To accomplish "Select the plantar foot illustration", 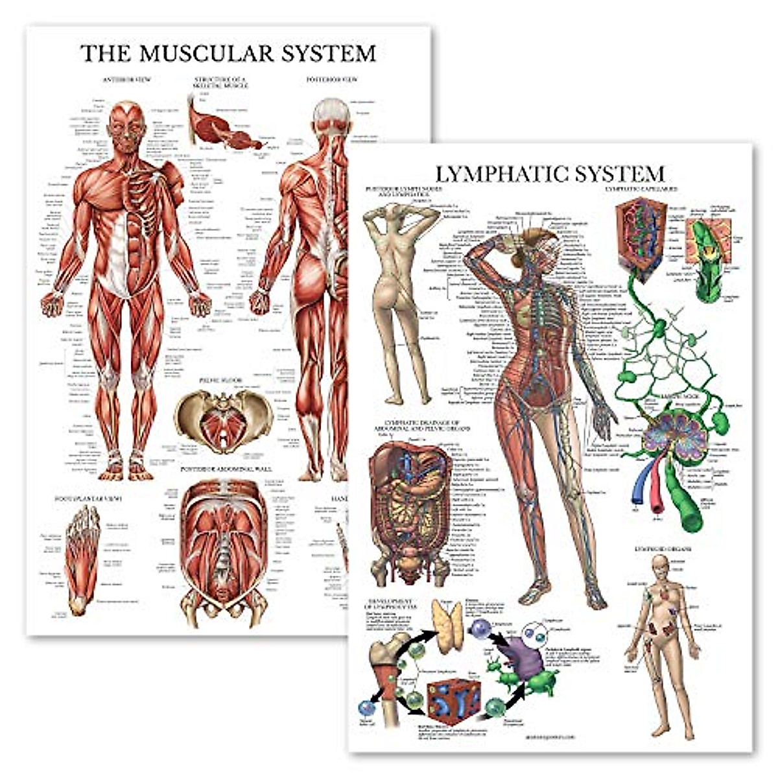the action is (82, 558).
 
